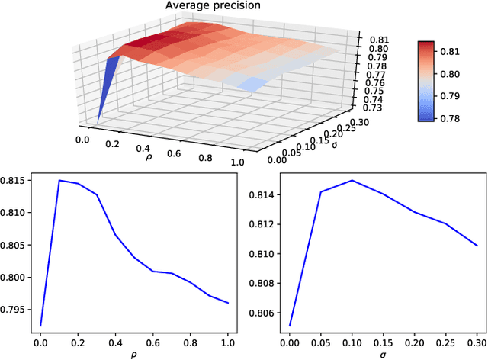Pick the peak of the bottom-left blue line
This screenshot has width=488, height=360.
59,181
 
